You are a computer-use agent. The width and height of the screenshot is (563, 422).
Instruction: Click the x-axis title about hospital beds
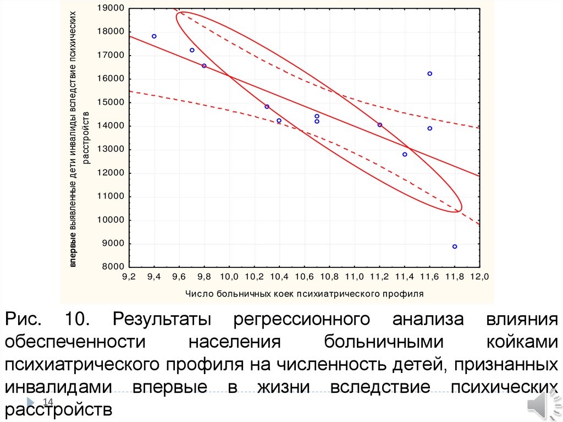305,293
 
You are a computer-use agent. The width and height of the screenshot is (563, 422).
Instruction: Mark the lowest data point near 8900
455,246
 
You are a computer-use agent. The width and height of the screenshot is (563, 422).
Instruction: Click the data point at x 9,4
154,36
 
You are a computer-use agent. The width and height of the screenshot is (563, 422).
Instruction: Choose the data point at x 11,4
405,154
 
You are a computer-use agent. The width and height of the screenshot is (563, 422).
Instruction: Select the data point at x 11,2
379,125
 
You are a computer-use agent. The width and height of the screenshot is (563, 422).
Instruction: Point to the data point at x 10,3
267,107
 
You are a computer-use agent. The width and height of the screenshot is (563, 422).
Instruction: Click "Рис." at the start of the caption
23,320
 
